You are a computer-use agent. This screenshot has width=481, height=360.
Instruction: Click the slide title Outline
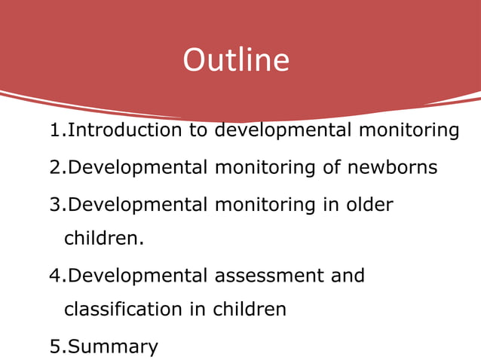tap(236, 60)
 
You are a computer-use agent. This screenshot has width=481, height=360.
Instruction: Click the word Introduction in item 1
tap(125, 130)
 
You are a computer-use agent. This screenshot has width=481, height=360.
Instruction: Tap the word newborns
tap(392, 166)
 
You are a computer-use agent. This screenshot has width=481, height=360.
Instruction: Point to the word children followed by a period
tap(103, 239)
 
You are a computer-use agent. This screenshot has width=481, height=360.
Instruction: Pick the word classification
tap(128, 309)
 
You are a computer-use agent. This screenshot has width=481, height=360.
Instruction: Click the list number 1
tap(54, 130)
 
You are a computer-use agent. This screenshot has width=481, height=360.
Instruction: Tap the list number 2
tap(54, 166)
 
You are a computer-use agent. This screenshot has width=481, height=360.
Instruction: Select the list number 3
tap(54, 204)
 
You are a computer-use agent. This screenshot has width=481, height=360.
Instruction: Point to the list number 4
tap(54, 276)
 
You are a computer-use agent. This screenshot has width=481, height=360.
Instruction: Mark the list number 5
tap(54, 346)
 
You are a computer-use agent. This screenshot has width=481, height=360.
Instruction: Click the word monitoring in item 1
tap(408, 130)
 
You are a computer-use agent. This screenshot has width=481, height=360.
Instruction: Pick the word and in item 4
tap(347, 276)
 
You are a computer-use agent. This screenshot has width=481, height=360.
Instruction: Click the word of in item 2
tap(332, 166)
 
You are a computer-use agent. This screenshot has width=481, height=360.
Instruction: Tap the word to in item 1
tap(198, 130)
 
